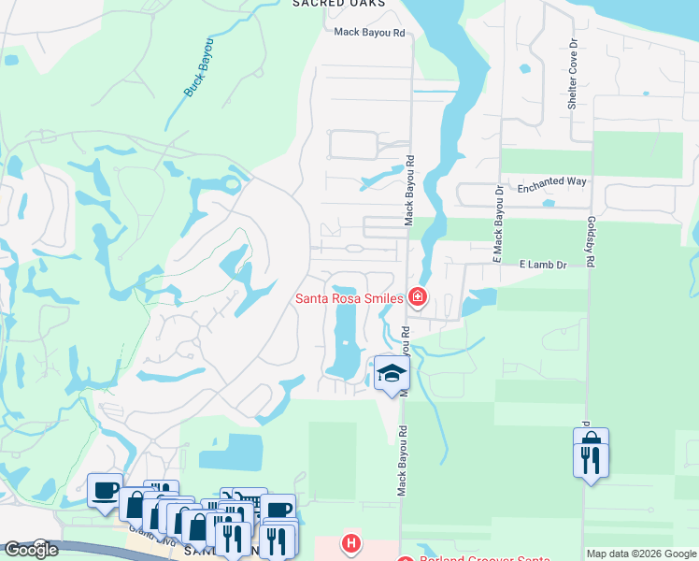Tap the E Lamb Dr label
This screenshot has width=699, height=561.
click(x=543, y=266)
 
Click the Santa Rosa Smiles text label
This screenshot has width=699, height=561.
click(x=349, y=299)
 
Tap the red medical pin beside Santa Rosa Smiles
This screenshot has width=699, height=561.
click(x=417, y=299)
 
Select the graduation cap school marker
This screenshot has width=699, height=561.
click(x=392, y=374)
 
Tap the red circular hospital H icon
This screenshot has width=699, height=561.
click(x=350, y=542)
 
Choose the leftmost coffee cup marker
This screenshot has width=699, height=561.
click(x=105, y=489)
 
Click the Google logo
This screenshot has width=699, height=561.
click(x=30, y=550)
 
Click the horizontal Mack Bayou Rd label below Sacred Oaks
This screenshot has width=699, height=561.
click(x=371, y=33)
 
